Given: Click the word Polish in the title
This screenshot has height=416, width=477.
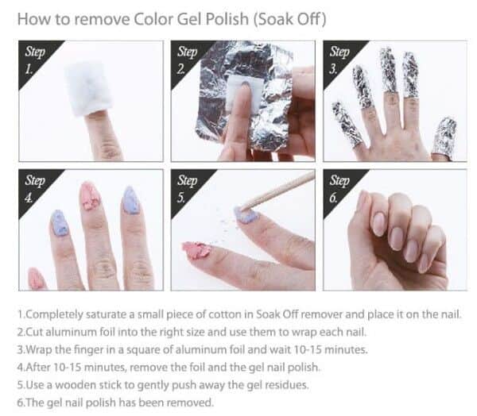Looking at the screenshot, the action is point(227,19).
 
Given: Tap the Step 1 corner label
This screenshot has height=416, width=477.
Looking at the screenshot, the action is point(35,60).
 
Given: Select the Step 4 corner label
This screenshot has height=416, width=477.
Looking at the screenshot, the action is point(35,189).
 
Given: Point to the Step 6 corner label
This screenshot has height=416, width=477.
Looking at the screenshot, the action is point(339,189).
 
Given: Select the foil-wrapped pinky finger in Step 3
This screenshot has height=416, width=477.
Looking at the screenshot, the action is point(346,123).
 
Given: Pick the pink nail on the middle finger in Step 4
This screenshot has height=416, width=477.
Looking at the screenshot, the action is point(90,196).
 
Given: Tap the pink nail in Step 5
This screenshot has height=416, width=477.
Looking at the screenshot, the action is point(196,250).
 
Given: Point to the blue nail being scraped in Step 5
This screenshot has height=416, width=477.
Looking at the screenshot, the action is point(246,214).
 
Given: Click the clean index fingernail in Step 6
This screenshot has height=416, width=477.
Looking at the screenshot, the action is point(379,224).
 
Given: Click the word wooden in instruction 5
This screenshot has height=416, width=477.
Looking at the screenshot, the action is point(72,385).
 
